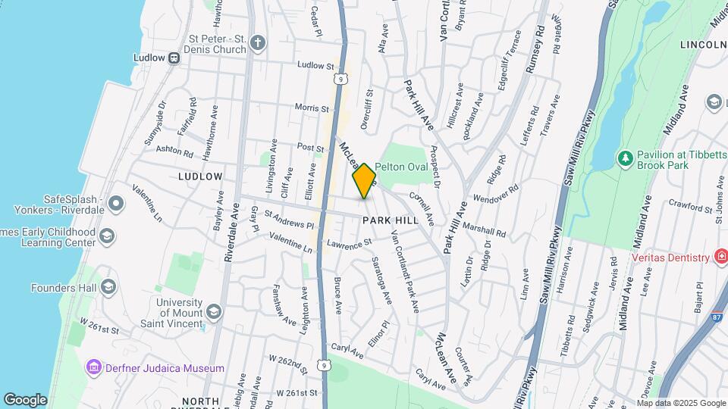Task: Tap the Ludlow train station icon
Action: point(174,57)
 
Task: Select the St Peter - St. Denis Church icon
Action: point(258,42)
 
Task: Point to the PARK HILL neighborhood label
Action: point(390,220)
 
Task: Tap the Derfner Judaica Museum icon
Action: point(95,368)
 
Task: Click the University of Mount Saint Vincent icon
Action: point(214,311)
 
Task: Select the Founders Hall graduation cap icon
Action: point(108,287)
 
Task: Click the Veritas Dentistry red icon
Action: point(720,258)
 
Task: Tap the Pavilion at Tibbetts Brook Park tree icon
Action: point(626,159)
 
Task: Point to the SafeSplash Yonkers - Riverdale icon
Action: point(115,204)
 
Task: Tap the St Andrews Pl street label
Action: point(289,220)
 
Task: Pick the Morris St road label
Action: point(311,108)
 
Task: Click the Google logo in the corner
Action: point(26,399)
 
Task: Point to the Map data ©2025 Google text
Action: point(680,402)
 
